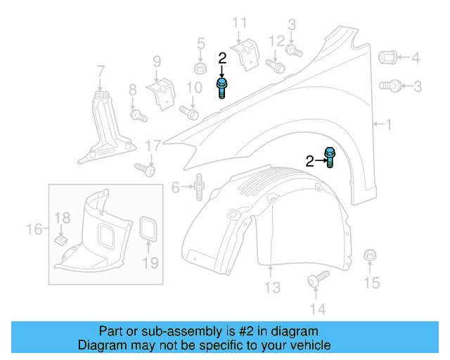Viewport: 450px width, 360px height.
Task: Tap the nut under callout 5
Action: point(200,69)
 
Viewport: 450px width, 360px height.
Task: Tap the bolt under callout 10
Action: point(189,111)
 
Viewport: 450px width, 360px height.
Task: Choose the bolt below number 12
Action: point(276,67)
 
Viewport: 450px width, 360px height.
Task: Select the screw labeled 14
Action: point(318,278)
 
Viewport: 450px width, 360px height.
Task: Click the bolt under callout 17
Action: point(145,169)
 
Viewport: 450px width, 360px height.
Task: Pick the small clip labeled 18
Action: point(62,240)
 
